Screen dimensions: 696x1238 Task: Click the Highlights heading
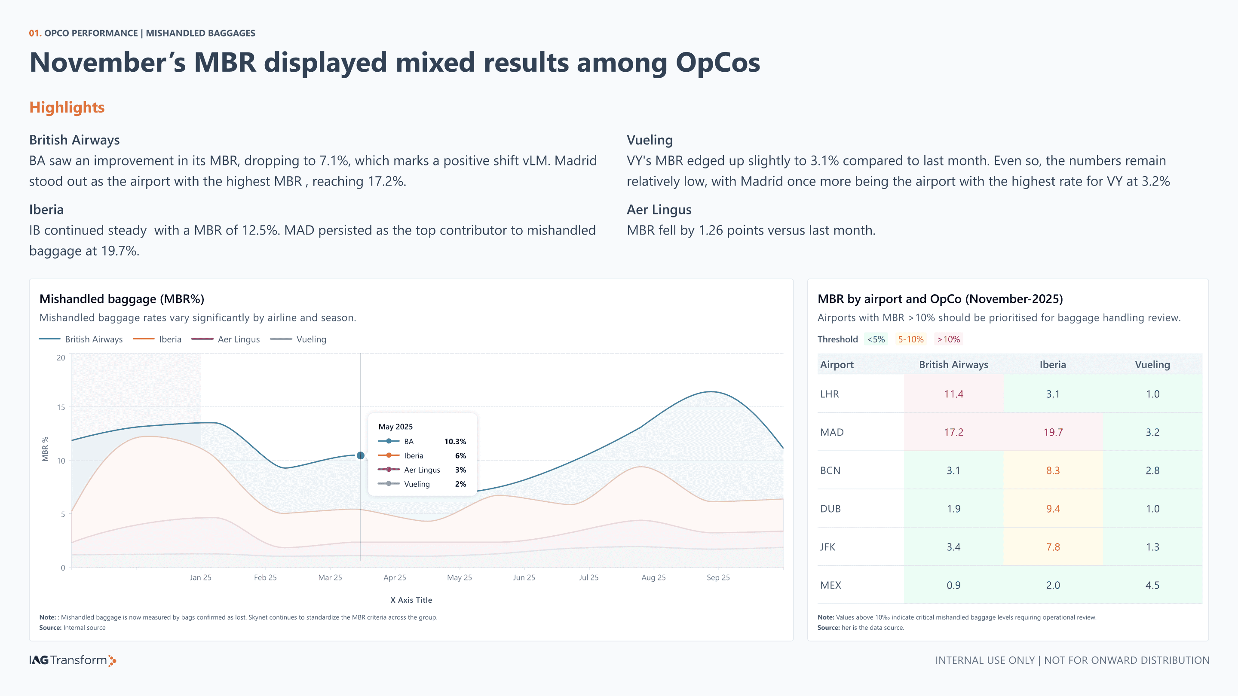67,107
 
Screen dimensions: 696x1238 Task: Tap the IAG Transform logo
73,660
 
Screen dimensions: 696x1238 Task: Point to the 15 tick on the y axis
61,407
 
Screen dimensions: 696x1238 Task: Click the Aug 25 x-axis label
653,577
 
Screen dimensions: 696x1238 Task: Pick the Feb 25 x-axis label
265,577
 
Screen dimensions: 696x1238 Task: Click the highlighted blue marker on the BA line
361,455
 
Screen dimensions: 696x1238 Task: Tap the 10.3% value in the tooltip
455,441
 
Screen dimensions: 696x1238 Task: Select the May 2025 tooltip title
395,427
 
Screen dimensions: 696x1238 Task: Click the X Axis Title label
411,600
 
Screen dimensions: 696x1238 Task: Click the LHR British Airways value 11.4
953,394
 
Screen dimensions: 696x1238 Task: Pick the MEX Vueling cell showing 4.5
1152,585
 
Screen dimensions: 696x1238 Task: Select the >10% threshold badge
949,339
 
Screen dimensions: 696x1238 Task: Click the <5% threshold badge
876,339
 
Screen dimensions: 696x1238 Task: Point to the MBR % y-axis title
45,449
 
